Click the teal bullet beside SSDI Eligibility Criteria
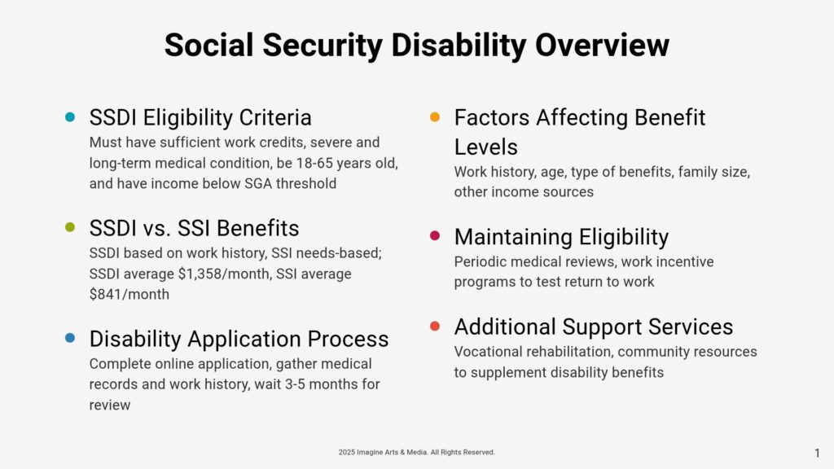(x=70, y=117)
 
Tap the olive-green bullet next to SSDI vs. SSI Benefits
(x=70, y=228)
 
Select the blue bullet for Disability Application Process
(x=70, y=338)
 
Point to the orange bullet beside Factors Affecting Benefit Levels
(x=435, y=117)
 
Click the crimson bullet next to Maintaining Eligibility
(x=435, y=235)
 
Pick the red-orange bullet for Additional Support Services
(x=435, y=326)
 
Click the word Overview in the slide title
(x=602, y=45)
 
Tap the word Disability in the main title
(x=459, y=46)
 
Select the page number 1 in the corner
(x=818, y=453)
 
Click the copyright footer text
(x=416, y=453)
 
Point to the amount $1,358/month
(x=224, y=274)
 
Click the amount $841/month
(x=129, y=295)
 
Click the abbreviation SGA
(x=258, y=183)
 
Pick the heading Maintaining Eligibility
(x=561, y=237)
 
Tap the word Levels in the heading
(x=485, y=147)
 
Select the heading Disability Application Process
(x=239, y=340)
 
